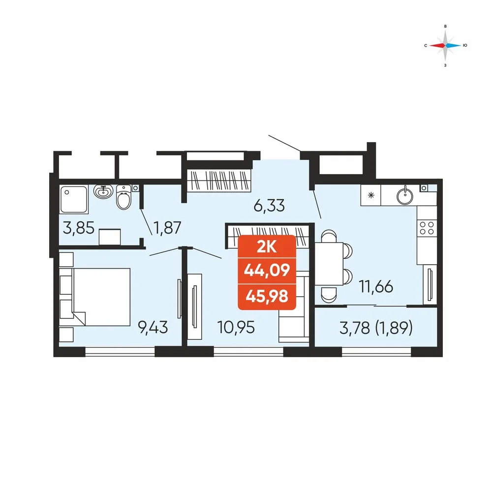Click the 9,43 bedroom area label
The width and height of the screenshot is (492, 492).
click(153, 328)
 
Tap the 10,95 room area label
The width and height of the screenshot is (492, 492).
click(236, 328)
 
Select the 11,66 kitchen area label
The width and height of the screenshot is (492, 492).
click(376, 286)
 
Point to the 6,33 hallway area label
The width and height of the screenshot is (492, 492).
click(269, 206)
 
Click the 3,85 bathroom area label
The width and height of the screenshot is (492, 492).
click(78, 227)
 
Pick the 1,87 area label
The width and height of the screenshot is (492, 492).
click(167, 227)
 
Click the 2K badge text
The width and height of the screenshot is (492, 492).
click(267, 246)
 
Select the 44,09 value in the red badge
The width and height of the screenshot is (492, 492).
click(267, 270)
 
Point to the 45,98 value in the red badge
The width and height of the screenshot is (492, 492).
click(267, 296)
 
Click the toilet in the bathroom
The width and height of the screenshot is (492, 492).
click(123, 197)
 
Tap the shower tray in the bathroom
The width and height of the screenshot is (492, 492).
click(74, 200)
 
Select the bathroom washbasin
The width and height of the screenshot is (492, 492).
click(103, 191)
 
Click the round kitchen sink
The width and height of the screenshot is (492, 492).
click(405, 195)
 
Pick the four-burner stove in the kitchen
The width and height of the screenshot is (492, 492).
click(427, 228)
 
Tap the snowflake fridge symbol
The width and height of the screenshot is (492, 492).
click(371, 195)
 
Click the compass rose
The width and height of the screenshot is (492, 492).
click(445, 45)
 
